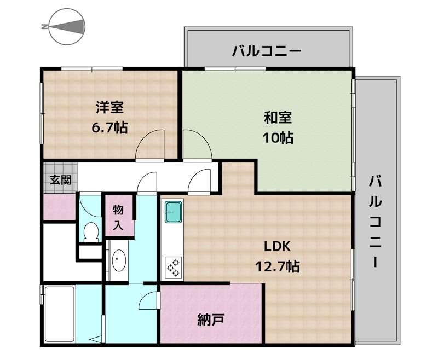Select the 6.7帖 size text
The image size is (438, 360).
click(110, 127)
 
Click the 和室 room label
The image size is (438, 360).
click(278, 117)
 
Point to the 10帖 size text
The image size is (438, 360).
click(278, 137)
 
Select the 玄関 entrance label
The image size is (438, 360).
click(61, 180)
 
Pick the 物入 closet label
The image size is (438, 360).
click(119, 217)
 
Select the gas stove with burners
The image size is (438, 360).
click(174, 266)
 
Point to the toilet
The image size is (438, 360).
click(90, 232)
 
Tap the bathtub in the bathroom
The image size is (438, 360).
click(59, 316)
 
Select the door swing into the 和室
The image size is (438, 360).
click(196, 143)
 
